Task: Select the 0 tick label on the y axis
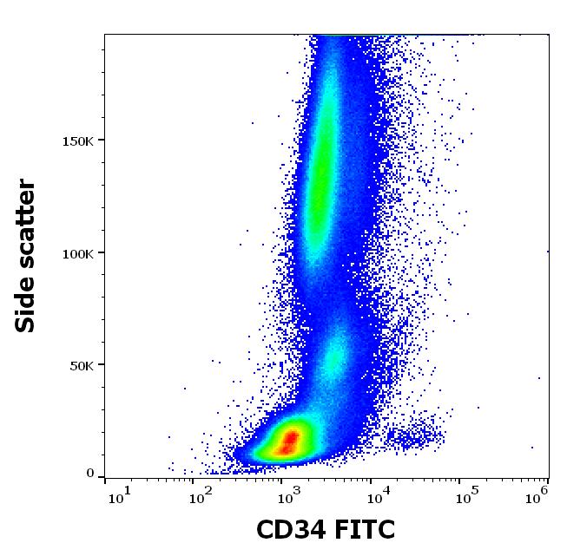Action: pyautogui.click(x=89, y=474)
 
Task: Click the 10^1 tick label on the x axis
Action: pyautogui.click(x=119, y=496)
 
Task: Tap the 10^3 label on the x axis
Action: pyautogui.click(x=289, y=496)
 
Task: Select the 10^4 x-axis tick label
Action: pyautogui.click(x=378, y=496)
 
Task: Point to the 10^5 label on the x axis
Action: pyautogui.click(x=466, y=496)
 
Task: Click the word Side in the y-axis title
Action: pyautogui.click(x=27, y=299)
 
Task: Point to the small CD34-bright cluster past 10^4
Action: pyautogui.click(x=417, y=434)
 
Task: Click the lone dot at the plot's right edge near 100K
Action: pyautogui.click(x=547, y=251)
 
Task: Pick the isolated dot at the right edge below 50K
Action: pyautogui.click(x=539, y=378)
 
